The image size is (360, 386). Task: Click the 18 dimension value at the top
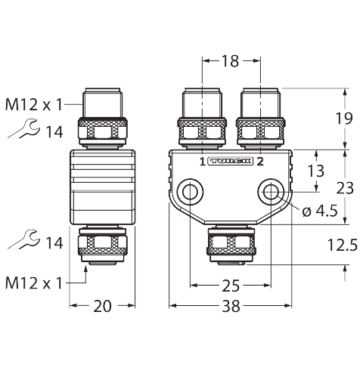230,61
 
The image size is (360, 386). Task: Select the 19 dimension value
344,119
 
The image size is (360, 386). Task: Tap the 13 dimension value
316,171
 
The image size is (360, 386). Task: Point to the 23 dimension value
345,188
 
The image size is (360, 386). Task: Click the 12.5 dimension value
343,245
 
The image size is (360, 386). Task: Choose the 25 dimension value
231,286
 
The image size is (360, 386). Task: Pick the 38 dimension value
231,307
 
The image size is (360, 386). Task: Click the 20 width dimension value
102,307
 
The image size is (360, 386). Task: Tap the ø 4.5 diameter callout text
320,211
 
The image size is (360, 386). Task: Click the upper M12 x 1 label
33,105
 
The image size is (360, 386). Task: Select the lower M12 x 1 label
33,283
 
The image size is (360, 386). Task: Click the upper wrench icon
24,128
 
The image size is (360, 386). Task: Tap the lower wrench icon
24,239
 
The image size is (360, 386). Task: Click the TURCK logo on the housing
230,162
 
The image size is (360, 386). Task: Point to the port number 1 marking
203,162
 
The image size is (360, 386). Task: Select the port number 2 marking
260,162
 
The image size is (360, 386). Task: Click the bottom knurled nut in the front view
231,242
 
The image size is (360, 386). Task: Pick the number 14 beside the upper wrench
54,132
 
